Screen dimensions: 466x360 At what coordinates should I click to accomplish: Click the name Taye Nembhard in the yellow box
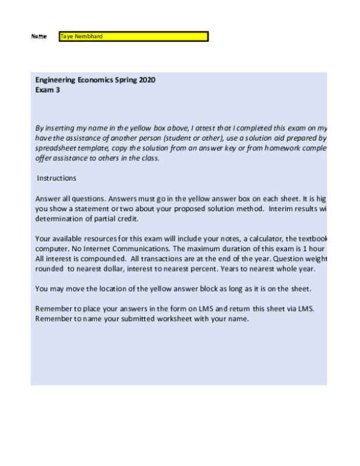[81, 36]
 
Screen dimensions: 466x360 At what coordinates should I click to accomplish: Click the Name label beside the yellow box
[39, 37]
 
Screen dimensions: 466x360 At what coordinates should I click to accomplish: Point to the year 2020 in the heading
[147, 80]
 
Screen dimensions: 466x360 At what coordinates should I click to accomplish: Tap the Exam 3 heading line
[48, 90]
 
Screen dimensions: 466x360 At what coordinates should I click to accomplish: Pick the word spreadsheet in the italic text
[54, 148]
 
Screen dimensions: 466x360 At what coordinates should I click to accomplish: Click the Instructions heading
[57, 178]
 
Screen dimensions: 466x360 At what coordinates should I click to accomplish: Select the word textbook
[310, 239]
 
